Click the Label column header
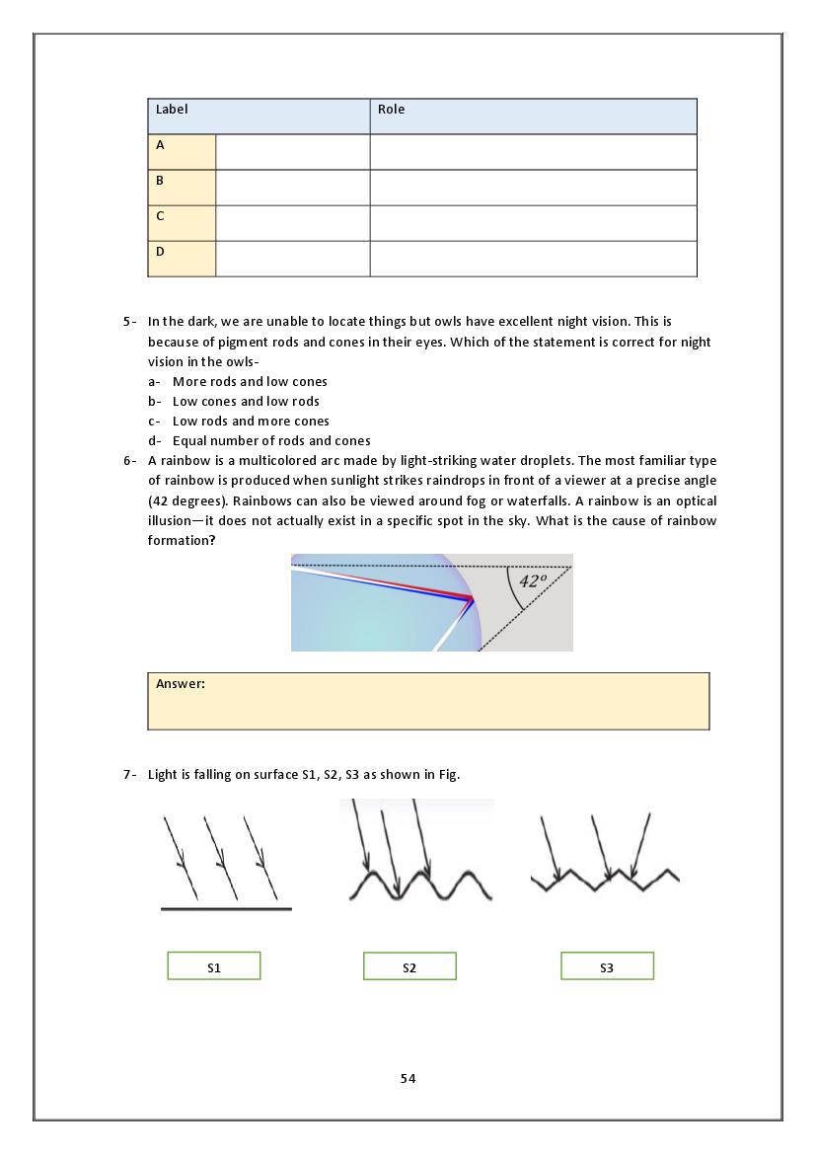click(x=172, y=110)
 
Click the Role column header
click(x=392, y=110)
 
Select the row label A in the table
click(x=161, y=145)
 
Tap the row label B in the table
click(x=161, y=181)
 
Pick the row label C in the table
click(x=161, y=216)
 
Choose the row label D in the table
click(x=161, y=252)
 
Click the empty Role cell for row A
click(x=533, y=152)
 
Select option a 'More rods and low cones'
click(x=250, y=382)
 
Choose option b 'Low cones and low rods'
click(x=246, y=402)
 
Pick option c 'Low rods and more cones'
click(x=251, y=422)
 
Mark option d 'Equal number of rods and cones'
click(x=271, y=441)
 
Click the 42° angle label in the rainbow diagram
click(x=533, y=581)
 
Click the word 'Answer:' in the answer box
click(x=181, y=683)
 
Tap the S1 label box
click(x=214, y=966)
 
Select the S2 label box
click(x=409, y=966)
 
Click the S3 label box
click(x=607, y=966)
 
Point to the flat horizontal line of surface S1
click(x=226, y=908)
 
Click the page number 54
click(x=408, y=1079)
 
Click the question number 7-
click(x=129, y=775)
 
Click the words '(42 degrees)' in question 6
click(x=183, y=500)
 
